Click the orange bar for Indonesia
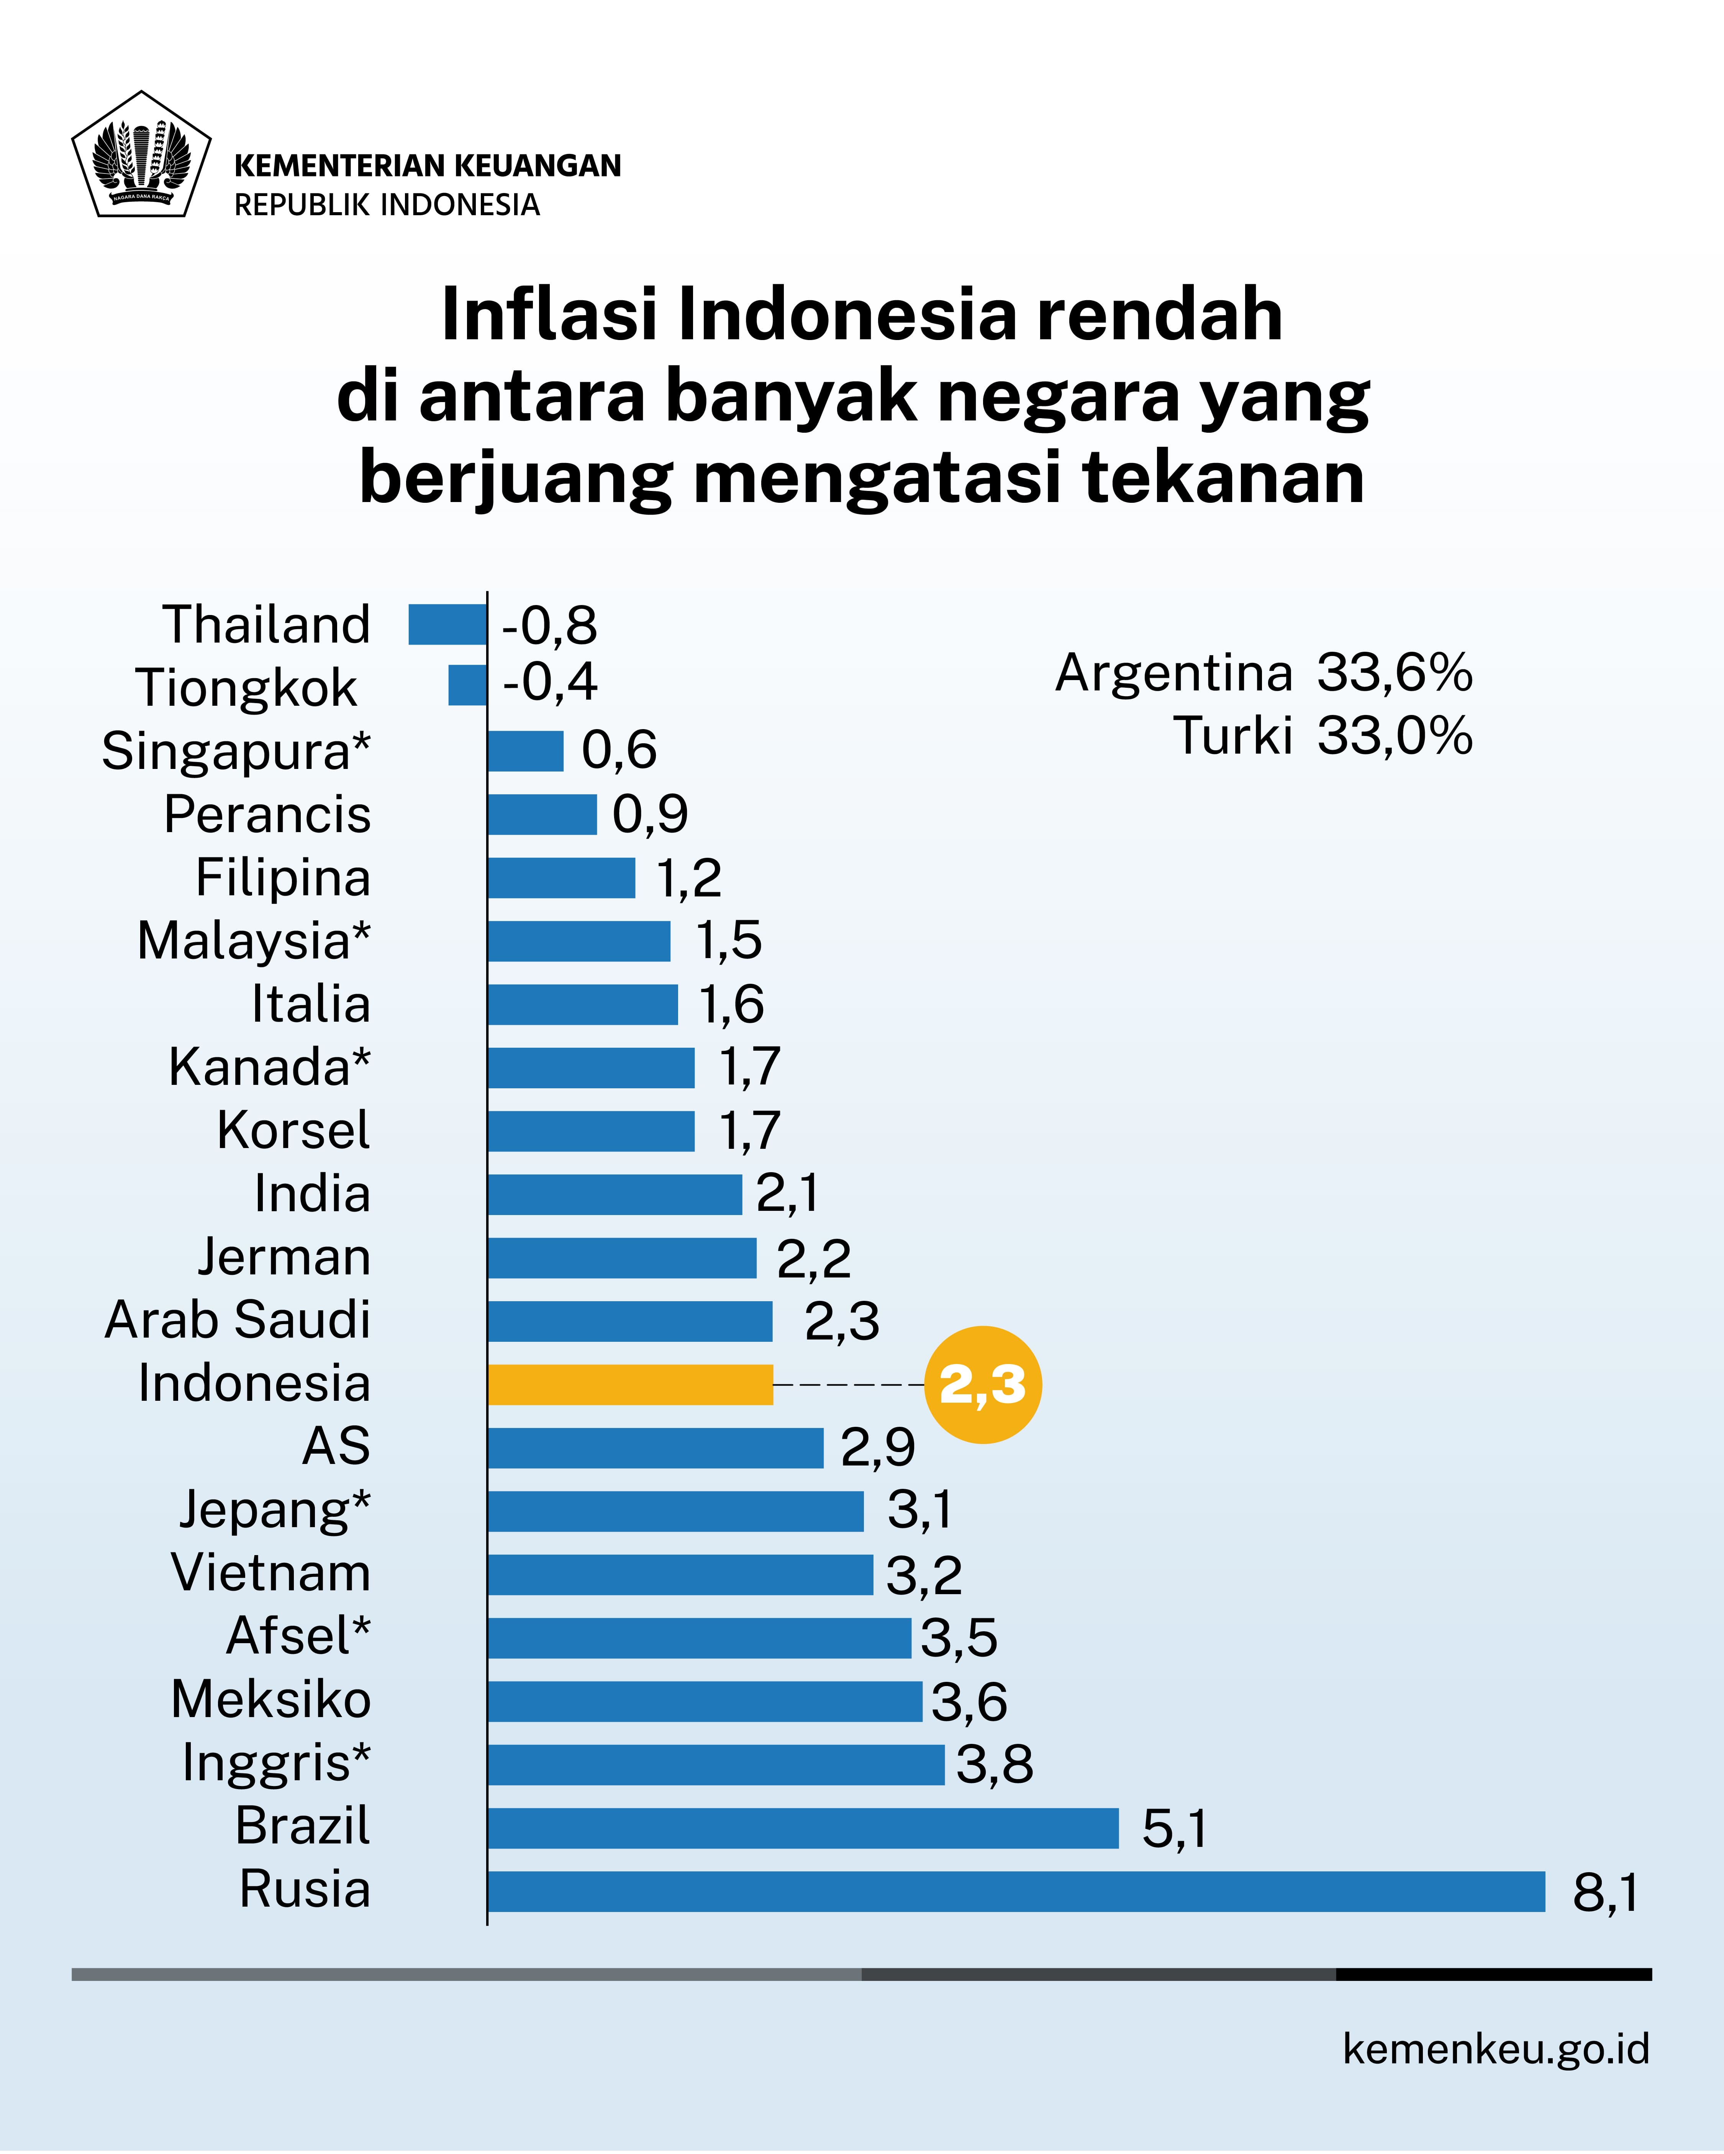click(629, 1385)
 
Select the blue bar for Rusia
click(1015, 1891)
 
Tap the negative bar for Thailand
click(447, 625)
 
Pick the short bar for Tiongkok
click(467, 685)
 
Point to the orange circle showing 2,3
click(982, 1385)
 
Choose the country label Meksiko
click(271, 1699)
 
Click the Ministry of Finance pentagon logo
click(141, 155)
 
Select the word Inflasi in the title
click(549, 315)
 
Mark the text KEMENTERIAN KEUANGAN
click(427, 166)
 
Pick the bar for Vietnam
click(680, 1575)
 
